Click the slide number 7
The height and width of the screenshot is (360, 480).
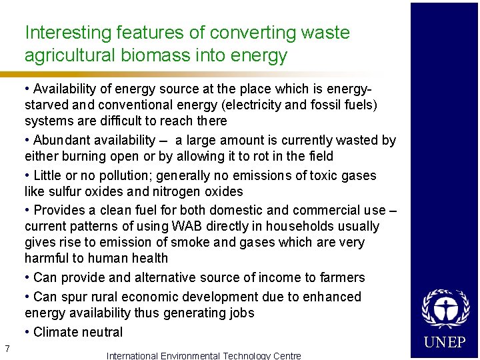pos(6,348)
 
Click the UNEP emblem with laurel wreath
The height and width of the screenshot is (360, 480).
pos(444,309)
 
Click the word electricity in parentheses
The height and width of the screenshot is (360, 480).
pos(253,105)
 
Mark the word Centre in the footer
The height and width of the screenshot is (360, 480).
pos(285,355)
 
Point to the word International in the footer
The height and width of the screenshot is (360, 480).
pos(132,355)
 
